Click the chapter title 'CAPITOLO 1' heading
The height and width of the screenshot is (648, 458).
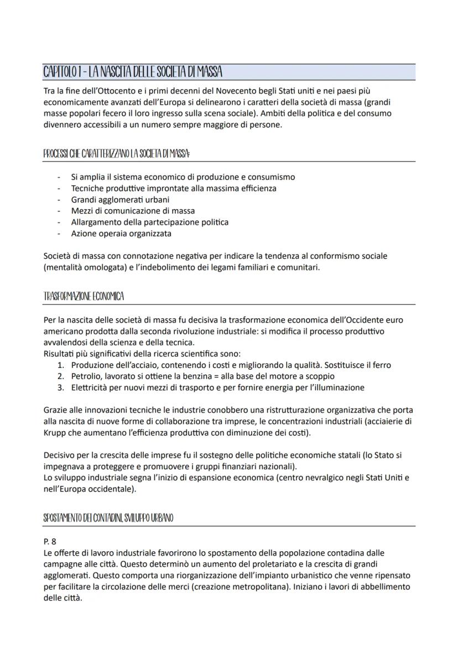(133, 72)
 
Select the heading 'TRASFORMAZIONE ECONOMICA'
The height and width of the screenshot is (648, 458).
(84, 297)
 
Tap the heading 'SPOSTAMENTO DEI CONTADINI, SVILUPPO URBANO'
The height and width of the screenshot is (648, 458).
(108, 519)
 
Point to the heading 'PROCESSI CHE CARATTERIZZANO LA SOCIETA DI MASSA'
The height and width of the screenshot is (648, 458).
(117, 154)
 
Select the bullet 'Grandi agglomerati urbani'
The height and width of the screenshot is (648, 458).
(120, 199)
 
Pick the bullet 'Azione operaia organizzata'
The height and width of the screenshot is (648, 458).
(121, 233)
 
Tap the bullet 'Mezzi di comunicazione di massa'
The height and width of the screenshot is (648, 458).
(133, 210)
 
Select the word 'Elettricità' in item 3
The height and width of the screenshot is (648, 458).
(91, 387)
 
